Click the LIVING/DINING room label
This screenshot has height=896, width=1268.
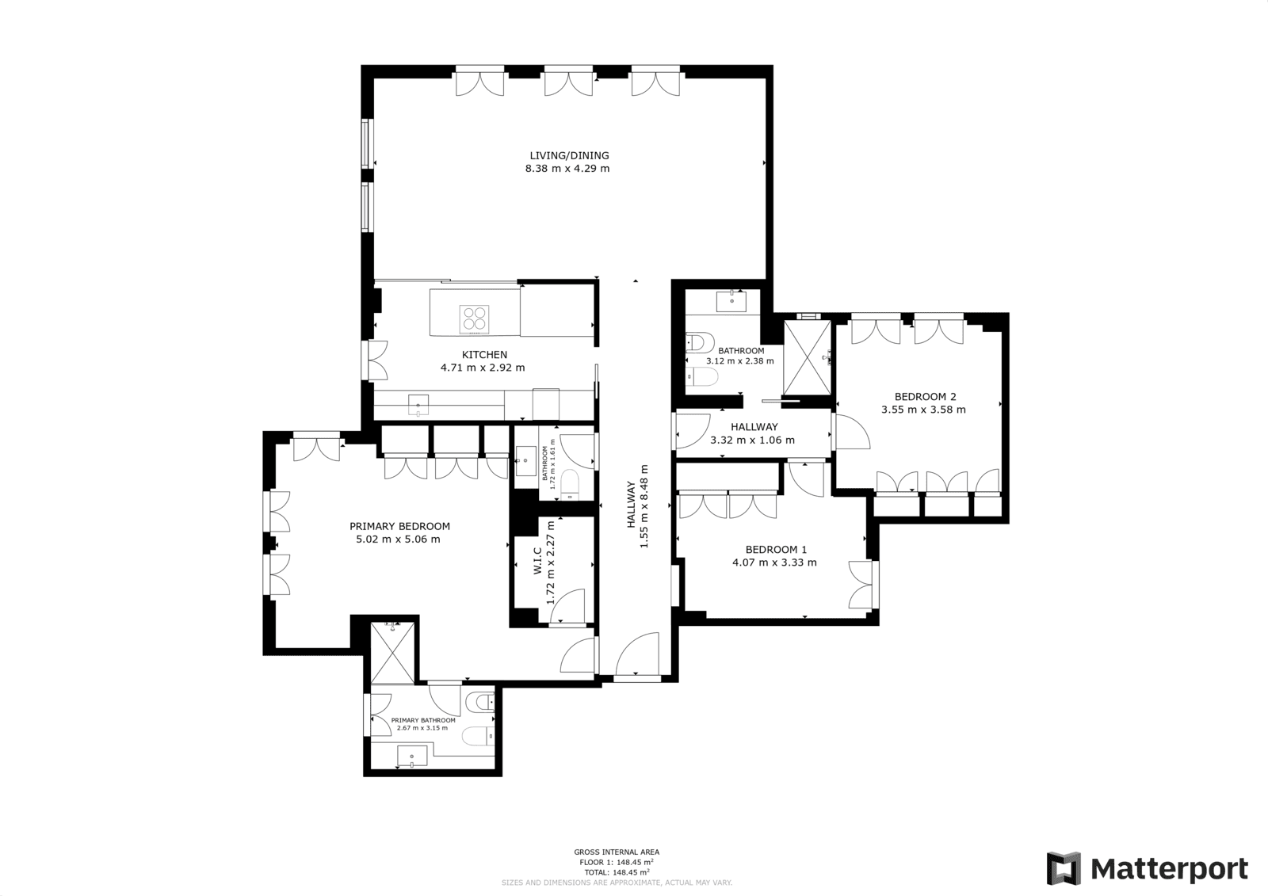tap(570, 155)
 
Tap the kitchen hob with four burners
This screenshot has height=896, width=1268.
tap(475, 318)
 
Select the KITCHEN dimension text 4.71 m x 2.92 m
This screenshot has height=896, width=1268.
tap(483, 368)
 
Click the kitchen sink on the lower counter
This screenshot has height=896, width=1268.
tap(418, 405)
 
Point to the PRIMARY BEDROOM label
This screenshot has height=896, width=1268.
tap(399, 526)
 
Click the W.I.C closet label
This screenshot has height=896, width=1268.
tap(538, 560)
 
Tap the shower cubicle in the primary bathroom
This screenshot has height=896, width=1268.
tap(392, 653)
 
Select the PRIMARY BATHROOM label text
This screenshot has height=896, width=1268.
tap(423, 721)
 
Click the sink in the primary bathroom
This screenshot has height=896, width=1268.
tap(412, 756)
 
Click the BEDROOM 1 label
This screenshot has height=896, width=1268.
tap(776, 550)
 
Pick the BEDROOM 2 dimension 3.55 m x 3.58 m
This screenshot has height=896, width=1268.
tap(923, 410)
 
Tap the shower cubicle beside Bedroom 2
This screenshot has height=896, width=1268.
tap(808, 357)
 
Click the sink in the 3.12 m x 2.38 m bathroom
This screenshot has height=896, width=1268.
tap(731, 301)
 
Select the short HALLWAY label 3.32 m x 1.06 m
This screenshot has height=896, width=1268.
tap(753, 440)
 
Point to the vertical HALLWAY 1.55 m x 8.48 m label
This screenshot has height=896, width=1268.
tap(637, 506)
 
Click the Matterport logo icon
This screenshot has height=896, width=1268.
tap(1063, 868)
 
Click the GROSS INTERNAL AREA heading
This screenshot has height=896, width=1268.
tap(617, 852)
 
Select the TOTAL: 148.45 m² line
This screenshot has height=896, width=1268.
tap(617, 872)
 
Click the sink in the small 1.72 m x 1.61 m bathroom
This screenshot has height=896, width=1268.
tap(526, 461)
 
